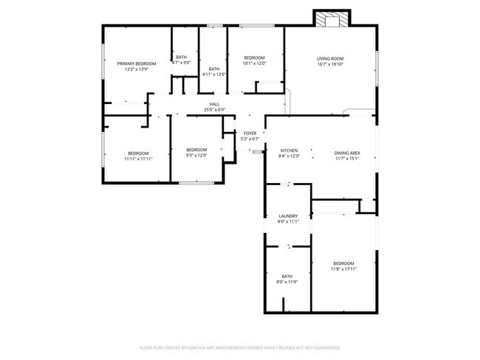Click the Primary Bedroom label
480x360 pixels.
point(137,63)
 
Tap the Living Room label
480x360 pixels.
point(330,58)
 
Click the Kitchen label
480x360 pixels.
point(288,150)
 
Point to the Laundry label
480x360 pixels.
point(288,215)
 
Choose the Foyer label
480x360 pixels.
point(250,133)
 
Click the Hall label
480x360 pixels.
point(214,104)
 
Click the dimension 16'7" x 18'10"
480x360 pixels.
point(330,64)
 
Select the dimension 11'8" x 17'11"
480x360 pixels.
point(343,269)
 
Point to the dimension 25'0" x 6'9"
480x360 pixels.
point(214,110)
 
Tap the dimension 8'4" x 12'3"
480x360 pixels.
point(288,156)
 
